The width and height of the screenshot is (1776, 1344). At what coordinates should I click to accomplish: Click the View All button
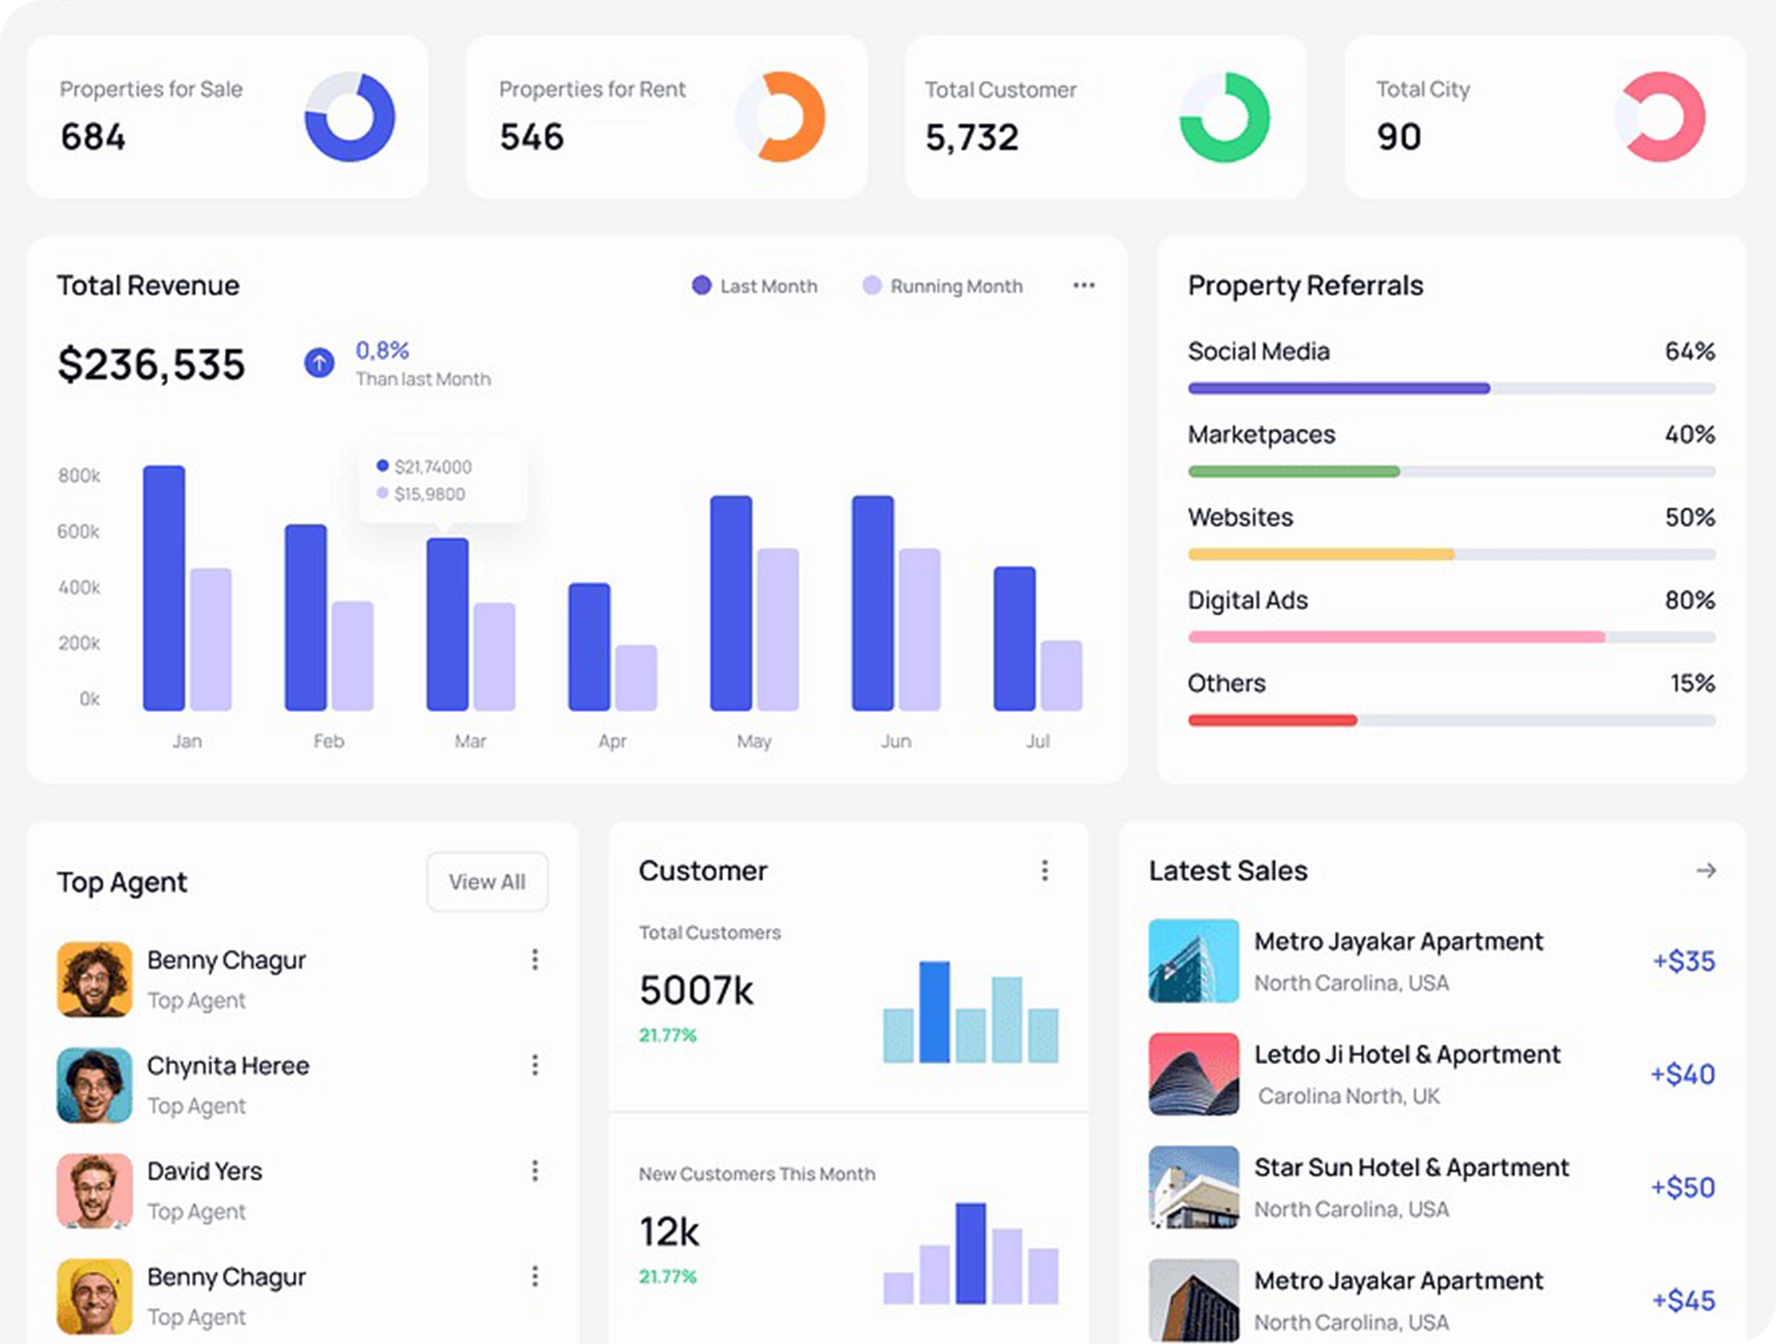click(x=487, y=881)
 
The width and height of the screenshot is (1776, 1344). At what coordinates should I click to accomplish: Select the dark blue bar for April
click(x=589, y=647)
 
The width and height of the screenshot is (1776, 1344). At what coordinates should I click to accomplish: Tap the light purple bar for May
click(x=777, y=629)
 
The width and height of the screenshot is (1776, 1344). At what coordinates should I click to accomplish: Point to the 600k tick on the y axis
click(x=79, y=531)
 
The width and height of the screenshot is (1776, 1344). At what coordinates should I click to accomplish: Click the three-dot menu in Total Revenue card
click(x=1083, y=286)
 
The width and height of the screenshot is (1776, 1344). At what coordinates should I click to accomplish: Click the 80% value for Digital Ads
click(x=1689, y=600)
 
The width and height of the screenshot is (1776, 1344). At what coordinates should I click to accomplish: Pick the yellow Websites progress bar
click(x=1321, y=554)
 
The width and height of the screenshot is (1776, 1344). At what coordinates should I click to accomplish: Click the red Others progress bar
click(x=1273, y=720)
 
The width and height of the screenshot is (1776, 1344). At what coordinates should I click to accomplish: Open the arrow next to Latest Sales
click(x=1705, y=870)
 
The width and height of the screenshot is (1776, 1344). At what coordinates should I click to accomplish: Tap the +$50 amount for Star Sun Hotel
click(x=1683, y=1187)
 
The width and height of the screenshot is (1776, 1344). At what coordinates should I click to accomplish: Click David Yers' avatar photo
click(x=95, y=1190)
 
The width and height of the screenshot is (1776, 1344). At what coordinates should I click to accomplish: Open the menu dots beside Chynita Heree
click(x=535, y=1065)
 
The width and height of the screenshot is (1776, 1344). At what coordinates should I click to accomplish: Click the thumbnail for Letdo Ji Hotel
click(x=1193, y=1073)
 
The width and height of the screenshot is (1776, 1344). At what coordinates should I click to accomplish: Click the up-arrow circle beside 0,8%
click(x=319, y=363)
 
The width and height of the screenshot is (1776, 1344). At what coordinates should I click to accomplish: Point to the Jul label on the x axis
click(x=1038, y=741)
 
